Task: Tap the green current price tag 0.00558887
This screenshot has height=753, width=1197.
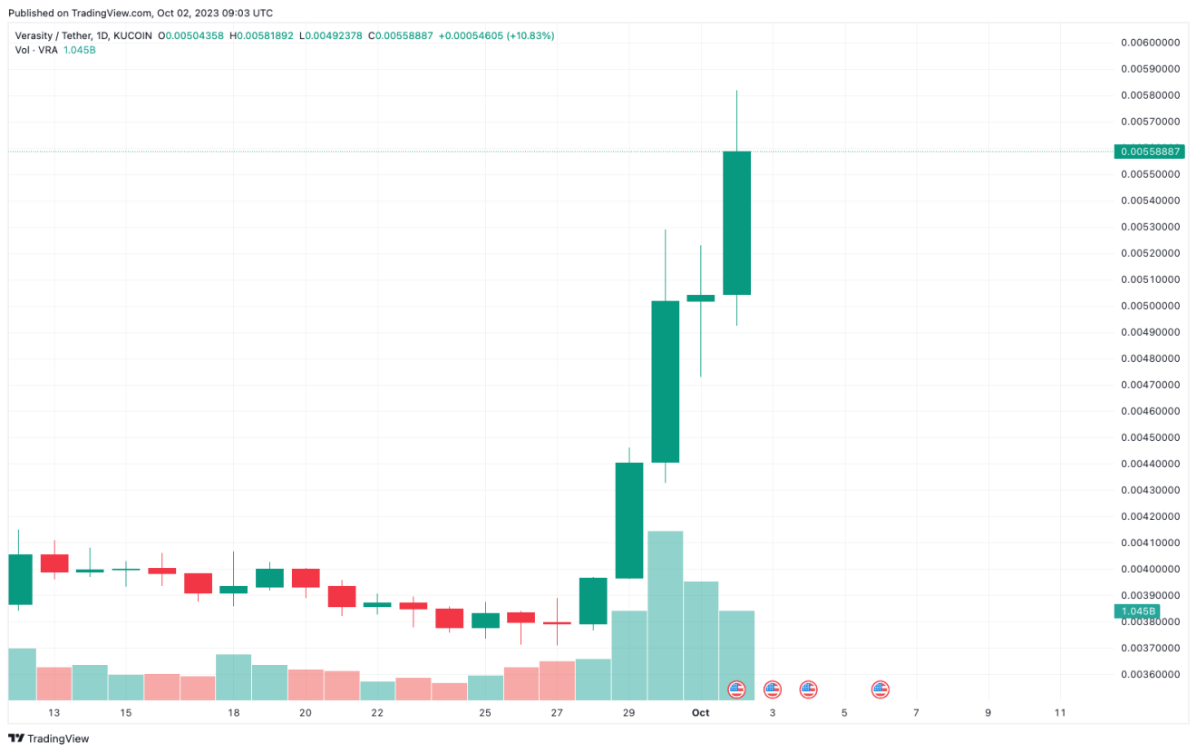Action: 1150,152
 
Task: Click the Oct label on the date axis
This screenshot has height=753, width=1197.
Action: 700,713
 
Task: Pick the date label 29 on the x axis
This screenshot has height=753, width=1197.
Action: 628,713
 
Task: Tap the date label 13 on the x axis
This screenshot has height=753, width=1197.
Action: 54,713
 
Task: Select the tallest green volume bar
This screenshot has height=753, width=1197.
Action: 665,615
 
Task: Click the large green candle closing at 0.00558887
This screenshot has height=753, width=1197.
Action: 736,222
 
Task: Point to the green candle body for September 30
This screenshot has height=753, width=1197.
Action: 665,381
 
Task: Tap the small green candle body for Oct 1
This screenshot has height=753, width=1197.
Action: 700,298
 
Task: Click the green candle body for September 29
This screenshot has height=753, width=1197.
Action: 628,520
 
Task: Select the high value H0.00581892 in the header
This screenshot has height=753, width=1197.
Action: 263,35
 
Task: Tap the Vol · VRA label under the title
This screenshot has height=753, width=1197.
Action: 36,50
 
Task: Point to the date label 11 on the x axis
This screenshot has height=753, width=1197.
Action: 1059,713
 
